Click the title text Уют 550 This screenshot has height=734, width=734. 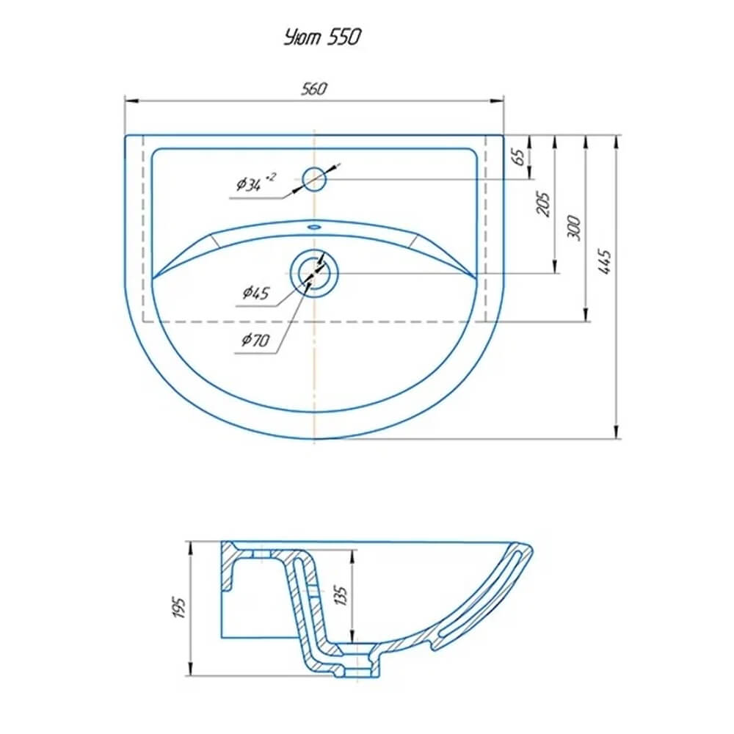point(322,37)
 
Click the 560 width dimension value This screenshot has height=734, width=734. point(313,89)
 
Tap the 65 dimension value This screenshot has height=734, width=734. point(518,157)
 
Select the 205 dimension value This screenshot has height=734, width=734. point(542,203)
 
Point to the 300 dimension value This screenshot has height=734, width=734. point(574,228)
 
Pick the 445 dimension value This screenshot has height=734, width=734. point(605,262)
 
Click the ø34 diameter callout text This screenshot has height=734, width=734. point(256,182)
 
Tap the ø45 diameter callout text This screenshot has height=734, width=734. point(256,293)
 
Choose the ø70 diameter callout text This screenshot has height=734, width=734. point(255,339)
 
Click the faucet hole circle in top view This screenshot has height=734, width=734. point(314,179)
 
